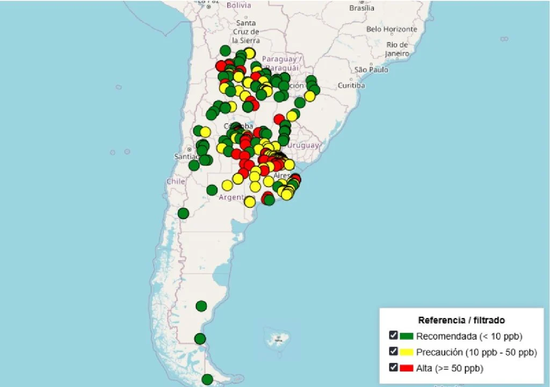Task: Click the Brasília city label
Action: point(361,8)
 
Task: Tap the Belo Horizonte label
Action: point(392,29)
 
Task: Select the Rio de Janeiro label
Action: point(397,49)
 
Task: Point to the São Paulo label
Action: point(371,70)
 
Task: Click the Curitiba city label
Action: point(352,85)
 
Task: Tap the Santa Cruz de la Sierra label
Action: point(246,32)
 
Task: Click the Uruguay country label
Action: point(303,145)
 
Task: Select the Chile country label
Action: point(176,182)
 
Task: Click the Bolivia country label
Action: point(238,5)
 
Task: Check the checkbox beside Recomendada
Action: point(394,336)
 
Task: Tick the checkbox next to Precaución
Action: point(394,352)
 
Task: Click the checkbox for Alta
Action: point(394,368)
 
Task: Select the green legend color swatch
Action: point(407,336)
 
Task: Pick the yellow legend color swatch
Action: point(407,353)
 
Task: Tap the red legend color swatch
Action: point(407,368)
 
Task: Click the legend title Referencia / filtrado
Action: point(461,320)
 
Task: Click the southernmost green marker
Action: point(207,379)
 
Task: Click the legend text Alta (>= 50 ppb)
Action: point(450,368)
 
